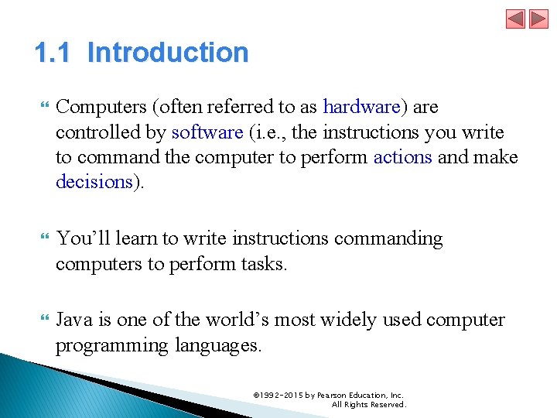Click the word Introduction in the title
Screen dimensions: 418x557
(168, 53)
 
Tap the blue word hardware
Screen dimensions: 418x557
(361, 106)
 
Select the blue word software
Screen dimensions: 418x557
(207, 132)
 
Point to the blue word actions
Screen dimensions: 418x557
(403, 157)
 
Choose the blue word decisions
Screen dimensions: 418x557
(94, 182)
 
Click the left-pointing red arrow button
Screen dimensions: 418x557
(516, 19)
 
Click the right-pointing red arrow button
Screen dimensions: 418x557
(538, 19)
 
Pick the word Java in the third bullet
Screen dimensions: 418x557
(75, 320)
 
